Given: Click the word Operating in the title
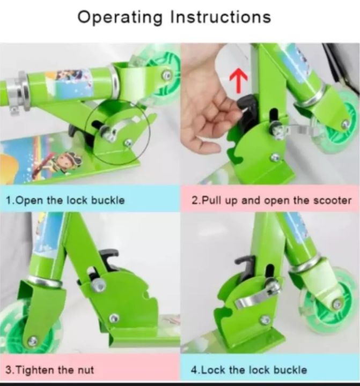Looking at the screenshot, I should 121,17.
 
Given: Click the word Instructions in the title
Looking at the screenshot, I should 221,17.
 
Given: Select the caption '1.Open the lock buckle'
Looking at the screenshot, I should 65,201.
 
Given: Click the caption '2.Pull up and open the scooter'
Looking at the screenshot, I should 271,201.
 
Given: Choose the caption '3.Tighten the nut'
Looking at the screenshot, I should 50,369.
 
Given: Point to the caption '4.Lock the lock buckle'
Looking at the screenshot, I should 249,369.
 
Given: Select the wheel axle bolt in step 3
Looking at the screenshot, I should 33,340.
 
